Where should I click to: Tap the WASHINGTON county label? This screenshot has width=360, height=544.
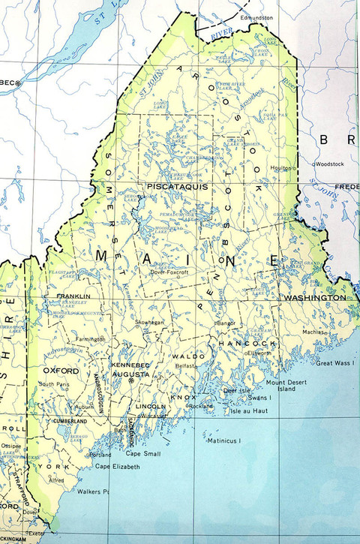click(x=314, y=298)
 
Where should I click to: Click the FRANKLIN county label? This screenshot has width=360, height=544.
click(x=73, y=296)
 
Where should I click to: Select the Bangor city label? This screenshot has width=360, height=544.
click(x=225, y=323)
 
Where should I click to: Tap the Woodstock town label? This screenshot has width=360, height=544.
click(x=330, y=163)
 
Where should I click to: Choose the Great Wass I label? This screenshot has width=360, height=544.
click(x=334, y=363)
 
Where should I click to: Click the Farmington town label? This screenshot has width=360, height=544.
click(x=89, y=339)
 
